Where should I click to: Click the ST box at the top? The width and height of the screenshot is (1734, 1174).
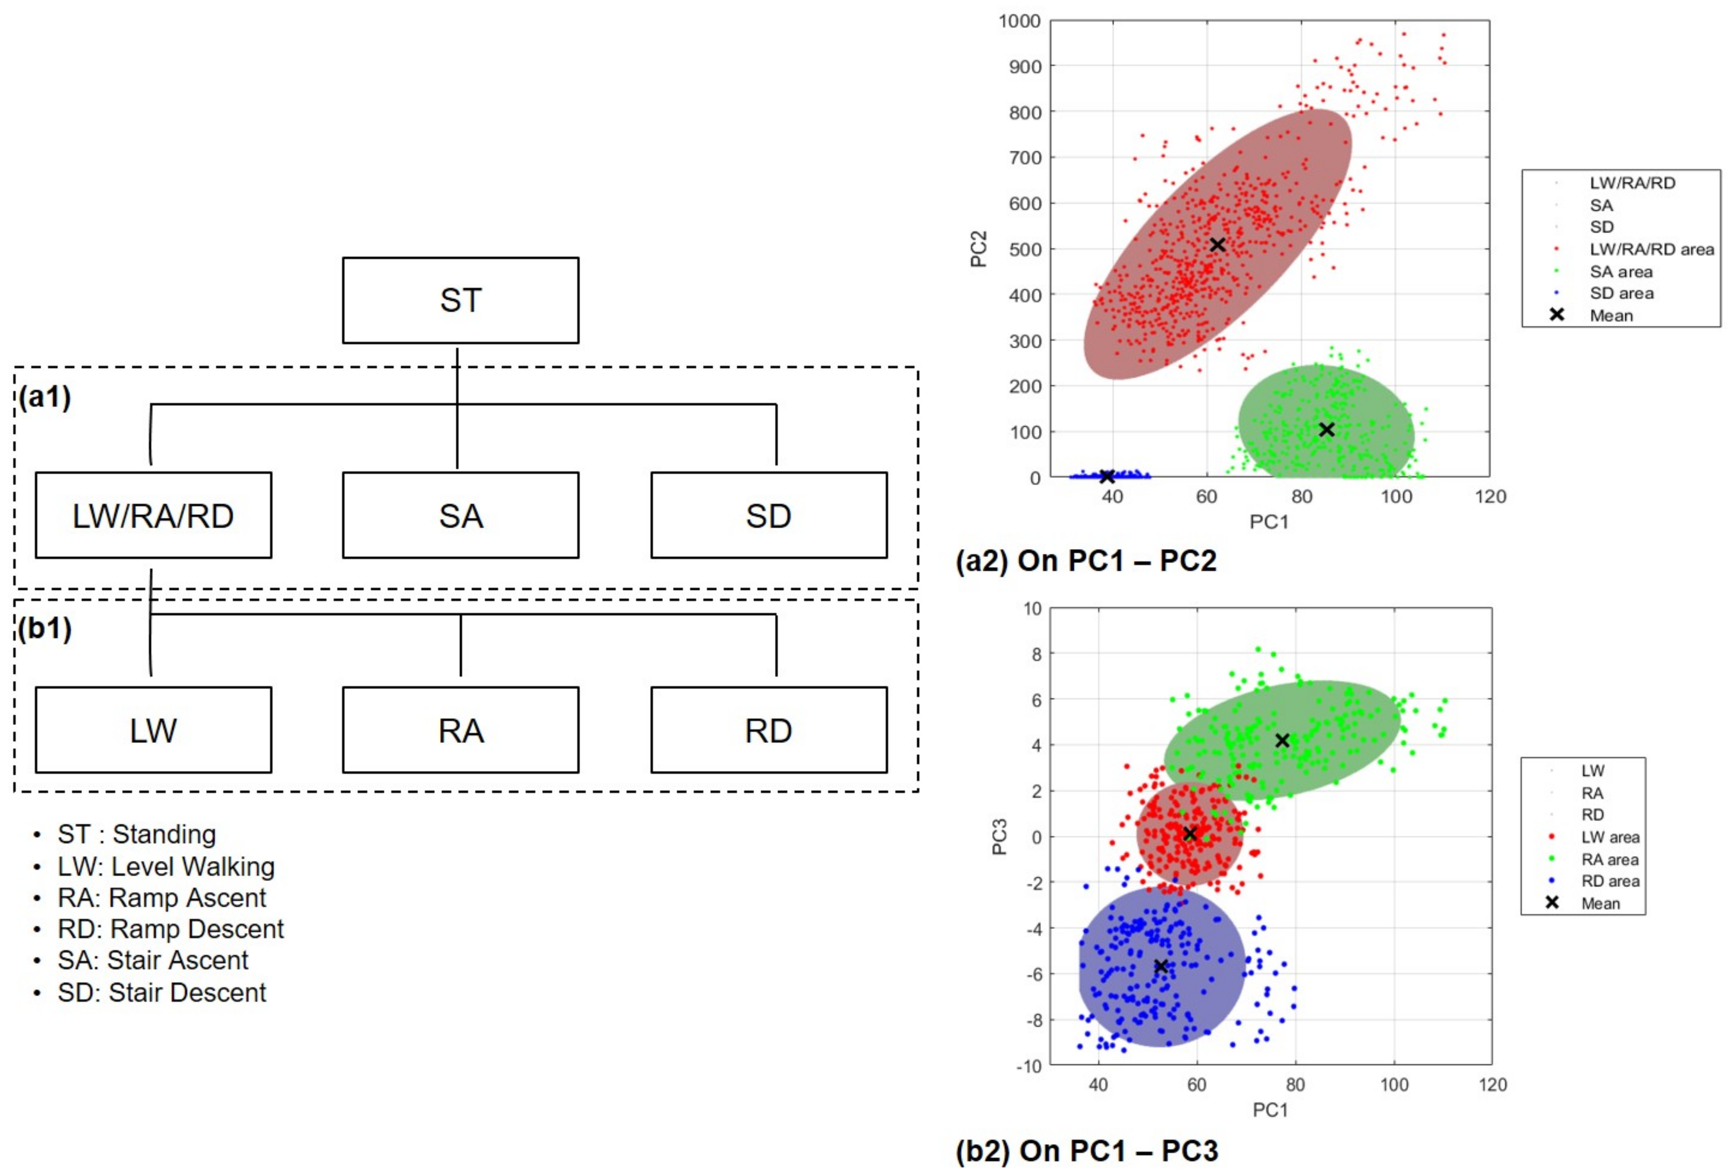click(461, 301)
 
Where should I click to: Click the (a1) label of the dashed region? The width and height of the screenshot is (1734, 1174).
click(45, 397)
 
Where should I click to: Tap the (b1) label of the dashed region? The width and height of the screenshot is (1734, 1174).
click(45, 629)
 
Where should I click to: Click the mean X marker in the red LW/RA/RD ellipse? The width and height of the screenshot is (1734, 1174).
click(1217, 245)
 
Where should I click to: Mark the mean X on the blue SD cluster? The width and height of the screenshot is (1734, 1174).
click(1107, 476)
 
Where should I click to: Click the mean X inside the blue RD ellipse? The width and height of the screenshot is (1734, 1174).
click(1160, 966)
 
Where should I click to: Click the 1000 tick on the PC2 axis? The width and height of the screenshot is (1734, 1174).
click(1019, 21)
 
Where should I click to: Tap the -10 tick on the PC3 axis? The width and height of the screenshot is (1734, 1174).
click(1028, 1066)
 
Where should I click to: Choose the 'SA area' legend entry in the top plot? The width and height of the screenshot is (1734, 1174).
click(1621, 272)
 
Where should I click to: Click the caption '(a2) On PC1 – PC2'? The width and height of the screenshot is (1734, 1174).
click(1086, 560)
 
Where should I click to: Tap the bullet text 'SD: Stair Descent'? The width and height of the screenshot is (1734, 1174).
click(161, 992)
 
